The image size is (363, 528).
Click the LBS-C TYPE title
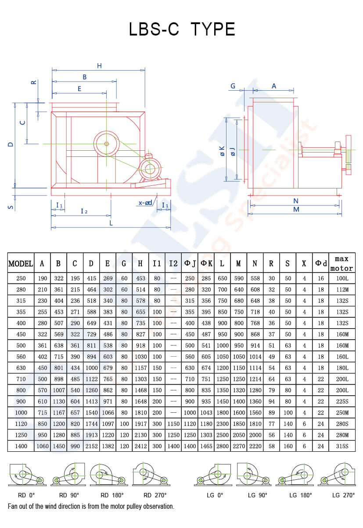(182, 29)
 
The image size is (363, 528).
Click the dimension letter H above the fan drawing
(100, 66)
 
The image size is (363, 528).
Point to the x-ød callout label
(145, 203)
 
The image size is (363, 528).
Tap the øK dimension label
(222, 151)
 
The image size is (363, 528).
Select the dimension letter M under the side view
(296, 209)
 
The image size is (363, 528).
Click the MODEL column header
(21, 263)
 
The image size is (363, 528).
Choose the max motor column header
(342, 263)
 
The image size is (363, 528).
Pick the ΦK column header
(206, 263)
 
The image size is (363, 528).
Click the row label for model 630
(21, 368)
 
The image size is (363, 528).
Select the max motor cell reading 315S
(342, 446)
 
